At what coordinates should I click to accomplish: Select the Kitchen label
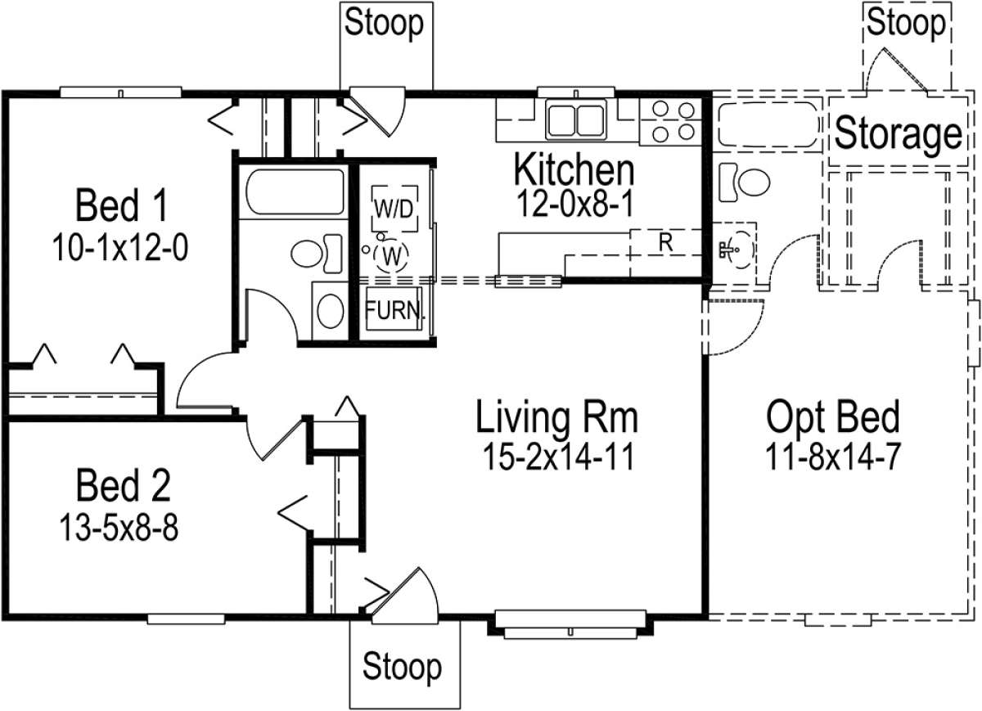coord(573,169)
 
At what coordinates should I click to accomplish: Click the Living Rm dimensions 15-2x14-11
coord(556,457)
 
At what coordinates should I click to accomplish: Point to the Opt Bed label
coord(832,417)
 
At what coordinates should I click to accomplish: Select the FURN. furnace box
coord(394,311)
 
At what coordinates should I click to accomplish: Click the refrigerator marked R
coord(664,243)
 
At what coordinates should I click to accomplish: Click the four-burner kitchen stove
coord(670,120)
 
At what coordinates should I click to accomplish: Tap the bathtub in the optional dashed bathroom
coord(767,124)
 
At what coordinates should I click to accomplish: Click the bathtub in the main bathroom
coord(295,193)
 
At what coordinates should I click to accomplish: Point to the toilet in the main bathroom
coord(315,251)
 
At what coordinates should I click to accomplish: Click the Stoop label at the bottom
coord(402,666)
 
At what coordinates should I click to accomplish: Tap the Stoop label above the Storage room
coord(906,24)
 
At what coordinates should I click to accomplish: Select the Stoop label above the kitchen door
coord(384,23)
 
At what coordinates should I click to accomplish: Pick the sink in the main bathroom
coord(330,311)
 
